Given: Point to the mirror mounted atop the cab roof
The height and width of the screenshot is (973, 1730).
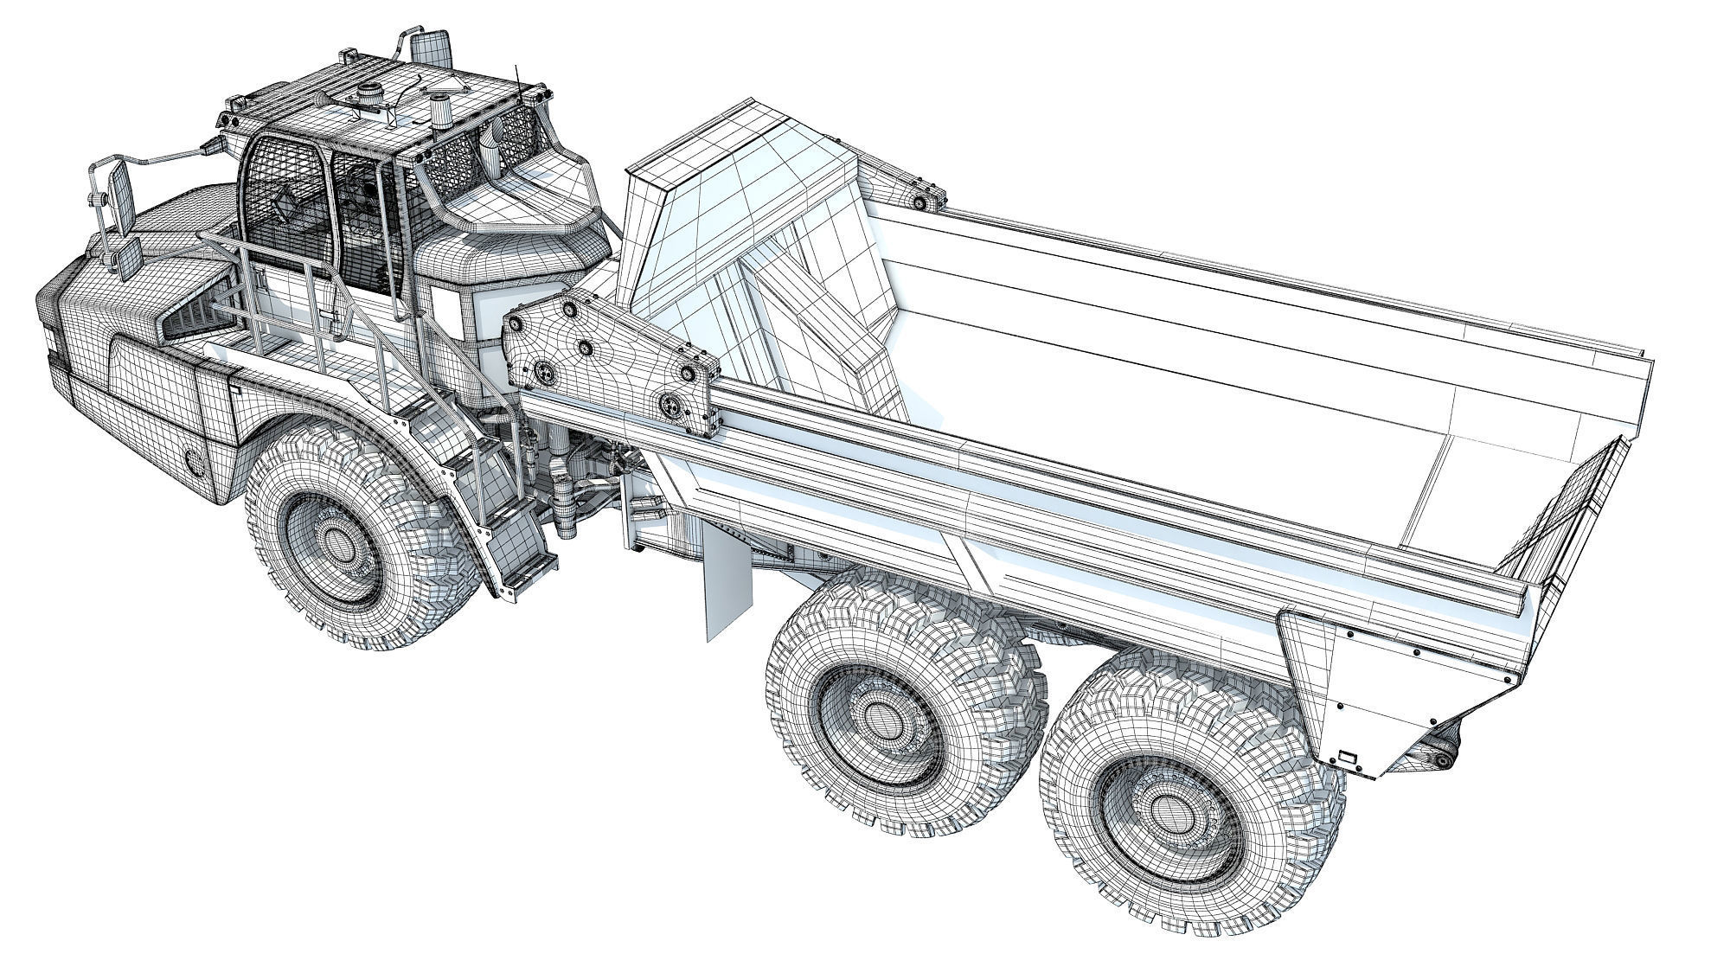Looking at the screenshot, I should coord(430,48).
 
